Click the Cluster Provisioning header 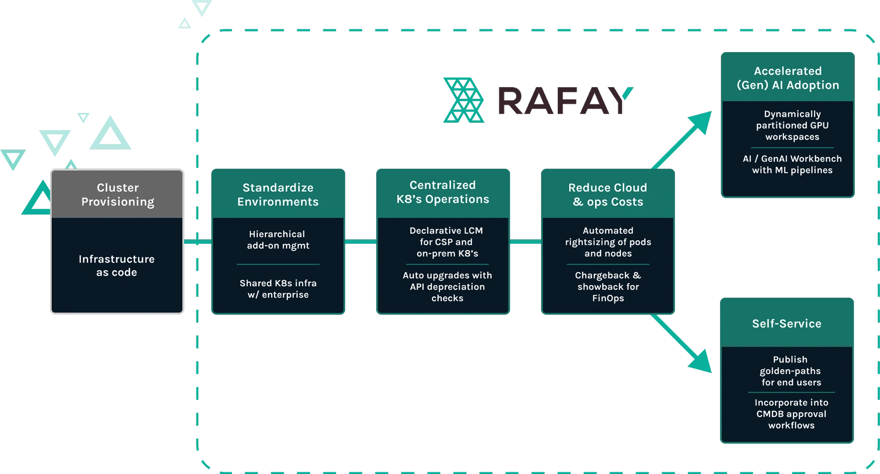click(117, 194)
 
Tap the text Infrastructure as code click(117, 265)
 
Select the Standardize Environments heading click(278, 194)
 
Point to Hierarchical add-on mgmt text click(278, 240)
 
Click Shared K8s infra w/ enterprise click(278, 289)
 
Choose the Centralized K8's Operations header click(443, 192)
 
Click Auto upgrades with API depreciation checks click(447, 287)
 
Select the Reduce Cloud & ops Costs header click(608, 194)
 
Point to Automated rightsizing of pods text click(608, 242)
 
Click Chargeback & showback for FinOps click(608, 287)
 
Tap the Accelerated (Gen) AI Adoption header click(788, 78)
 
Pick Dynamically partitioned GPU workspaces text click(792, 125)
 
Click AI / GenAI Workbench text click(792, 164)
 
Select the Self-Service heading click(787, 323)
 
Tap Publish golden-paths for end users click(791, 371)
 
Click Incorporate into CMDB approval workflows click(791, 414)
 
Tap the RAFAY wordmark click(564, 101)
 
